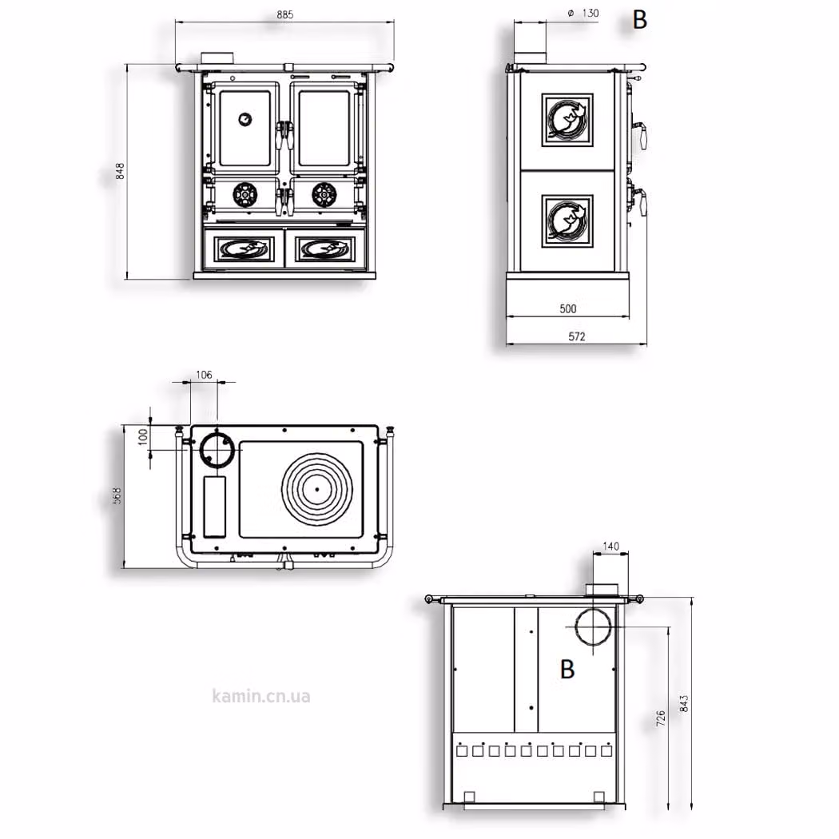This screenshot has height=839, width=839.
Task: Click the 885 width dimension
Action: pos(285,15)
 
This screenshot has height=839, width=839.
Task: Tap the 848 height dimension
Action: pos(120,171)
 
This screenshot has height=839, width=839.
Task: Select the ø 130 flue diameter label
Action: pos(583,14)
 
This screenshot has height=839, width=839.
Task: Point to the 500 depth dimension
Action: pos(567,308)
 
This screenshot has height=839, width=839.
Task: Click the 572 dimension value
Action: pos(576,336)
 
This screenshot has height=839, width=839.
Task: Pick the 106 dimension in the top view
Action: pos(204,375)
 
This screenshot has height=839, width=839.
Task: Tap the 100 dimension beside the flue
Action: pos(142,436)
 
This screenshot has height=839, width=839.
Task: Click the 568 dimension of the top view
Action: pos(117,495)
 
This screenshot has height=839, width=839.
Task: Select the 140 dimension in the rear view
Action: pos(610,547)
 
